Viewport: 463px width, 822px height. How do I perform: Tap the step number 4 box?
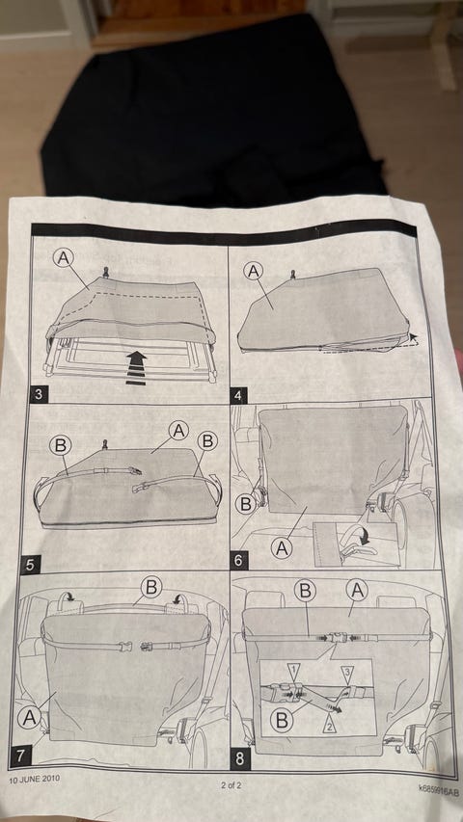(x=239, y=396)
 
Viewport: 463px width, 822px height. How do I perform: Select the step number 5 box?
(x=31, y=565)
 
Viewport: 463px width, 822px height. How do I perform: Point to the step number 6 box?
(x=239, y=561)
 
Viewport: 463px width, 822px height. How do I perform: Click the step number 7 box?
(x=20, y=756)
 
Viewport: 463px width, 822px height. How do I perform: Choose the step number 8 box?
(x=240, y=759)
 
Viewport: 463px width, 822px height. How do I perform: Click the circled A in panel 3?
(x=64, y=258)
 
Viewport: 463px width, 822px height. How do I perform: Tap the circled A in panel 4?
(x=254, y=272)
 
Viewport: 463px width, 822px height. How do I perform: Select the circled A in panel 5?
(x=179, y=431)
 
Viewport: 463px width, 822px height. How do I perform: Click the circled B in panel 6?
(x=245, y=504)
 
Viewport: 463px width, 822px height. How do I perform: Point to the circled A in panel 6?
(x=282, y=548)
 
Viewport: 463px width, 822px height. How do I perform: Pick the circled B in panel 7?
(x=151, y=587)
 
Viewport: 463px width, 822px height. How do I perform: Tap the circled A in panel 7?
(x=29, y=718)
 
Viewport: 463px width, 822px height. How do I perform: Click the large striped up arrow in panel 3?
(x=136, y=368)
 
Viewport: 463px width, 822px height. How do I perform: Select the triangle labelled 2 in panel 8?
(x=330, y=726)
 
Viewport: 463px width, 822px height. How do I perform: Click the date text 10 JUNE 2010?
(x=34, y=778)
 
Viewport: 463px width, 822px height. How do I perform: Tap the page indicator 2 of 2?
(x=231, y=785)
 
